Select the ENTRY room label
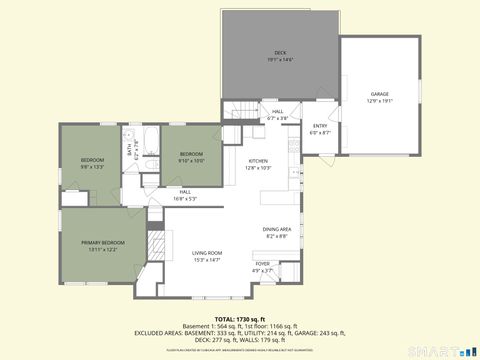pos(320,126)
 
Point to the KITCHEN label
pos(259,160)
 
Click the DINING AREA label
pos(277,229)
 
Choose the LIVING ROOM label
pos(207,253)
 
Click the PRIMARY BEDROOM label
pos(104,243)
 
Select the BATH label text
pos(129,150)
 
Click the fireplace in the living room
pos(155,243)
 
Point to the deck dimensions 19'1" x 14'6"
pos(279,60)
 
